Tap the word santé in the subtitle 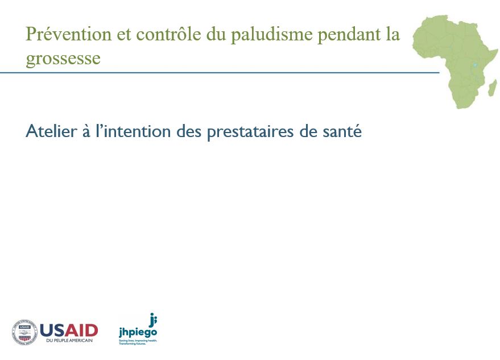pos(341,132)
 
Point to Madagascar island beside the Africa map pos(492,88)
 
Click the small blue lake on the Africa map pos(474,64)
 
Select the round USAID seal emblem pos(24,332)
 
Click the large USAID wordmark pos(69,330)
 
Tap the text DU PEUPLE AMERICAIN pos(68,340)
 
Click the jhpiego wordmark pos(138,332)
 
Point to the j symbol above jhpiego pos(152,319)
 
